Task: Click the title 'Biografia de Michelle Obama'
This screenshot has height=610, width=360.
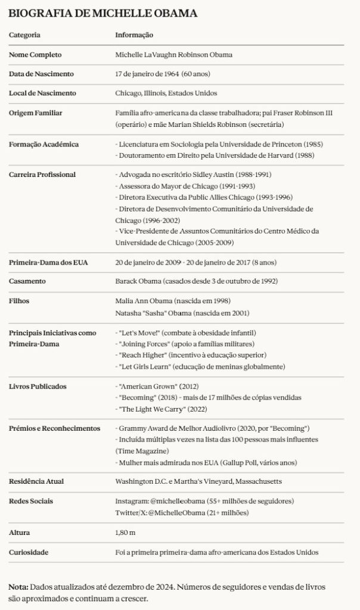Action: (x=103, y=13)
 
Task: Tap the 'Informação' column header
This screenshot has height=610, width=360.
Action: (x=134, y=35)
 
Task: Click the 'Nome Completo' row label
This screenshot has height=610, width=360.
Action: (x=35, y=55)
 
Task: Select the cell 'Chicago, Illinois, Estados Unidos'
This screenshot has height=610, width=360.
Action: (x=166, y=93)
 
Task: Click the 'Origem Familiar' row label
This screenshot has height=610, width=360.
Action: (x=36, y=113)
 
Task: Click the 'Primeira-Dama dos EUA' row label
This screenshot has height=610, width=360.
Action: (x=47, y=262)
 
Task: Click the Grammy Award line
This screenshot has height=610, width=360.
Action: (x=212, y=428)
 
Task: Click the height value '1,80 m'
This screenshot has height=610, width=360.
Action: (x=125, y=532)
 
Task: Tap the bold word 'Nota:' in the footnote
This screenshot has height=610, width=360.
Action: (x=18, y=587)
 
